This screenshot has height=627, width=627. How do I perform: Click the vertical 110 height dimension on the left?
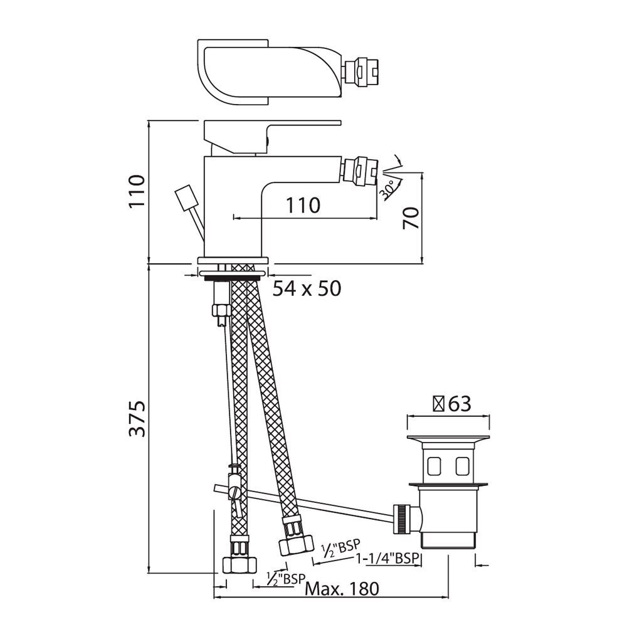(136, 191)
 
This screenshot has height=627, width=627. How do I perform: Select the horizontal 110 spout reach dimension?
(303, 204)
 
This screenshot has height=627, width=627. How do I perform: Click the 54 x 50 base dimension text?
(307, 288)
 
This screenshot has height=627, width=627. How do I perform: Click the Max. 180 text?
(342, 589)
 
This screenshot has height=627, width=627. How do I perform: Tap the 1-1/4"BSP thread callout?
(387, 558)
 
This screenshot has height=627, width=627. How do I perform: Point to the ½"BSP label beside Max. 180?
(285, 577)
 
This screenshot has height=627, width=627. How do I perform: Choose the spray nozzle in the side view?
(361, 171)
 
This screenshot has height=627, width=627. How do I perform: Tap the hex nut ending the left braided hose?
(240, 562)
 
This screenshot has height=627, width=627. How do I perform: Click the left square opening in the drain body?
(433, 465)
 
